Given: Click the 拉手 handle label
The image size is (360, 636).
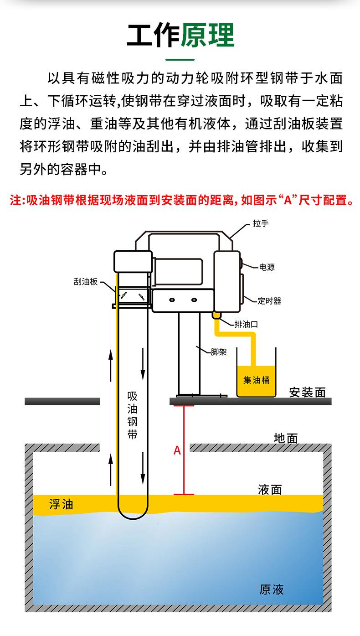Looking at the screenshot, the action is [261, 223].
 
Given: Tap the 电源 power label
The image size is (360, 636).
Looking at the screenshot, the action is [267, 267].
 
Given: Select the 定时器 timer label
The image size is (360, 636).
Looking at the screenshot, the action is [269, 301].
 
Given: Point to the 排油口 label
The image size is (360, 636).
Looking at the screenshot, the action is [246, 324].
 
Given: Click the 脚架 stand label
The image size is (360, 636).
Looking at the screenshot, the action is [218, 352].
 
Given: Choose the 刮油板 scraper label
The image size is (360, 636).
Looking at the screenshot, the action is [86, 282].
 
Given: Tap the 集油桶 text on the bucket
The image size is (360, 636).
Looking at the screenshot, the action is [256, 380].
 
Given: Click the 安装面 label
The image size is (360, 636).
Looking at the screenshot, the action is [307, 393].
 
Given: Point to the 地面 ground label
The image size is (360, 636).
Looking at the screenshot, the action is [286, 438].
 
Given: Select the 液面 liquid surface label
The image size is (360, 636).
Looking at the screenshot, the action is [270, 490].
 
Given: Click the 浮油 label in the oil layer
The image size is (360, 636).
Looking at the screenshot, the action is [61, 504].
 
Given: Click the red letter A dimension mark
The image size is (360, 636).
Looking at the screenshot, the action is [177, 450].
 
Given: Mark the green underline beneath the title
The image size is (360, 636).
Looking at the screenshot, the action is [180, 60].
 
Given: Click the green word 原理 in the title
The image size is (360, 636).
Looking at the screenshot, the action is [208, 35].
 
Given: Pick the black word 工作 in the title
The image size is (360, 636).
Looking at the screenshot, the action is [153, 35].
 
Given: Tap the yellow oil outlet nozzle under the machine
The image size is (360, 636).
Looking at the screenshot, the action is [216, 315].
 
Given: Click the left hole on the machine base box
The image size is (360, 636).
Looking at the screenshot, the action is [172, 300].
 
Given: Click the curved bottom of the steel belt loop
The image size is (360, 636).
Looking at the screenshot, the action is [133, 518].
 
